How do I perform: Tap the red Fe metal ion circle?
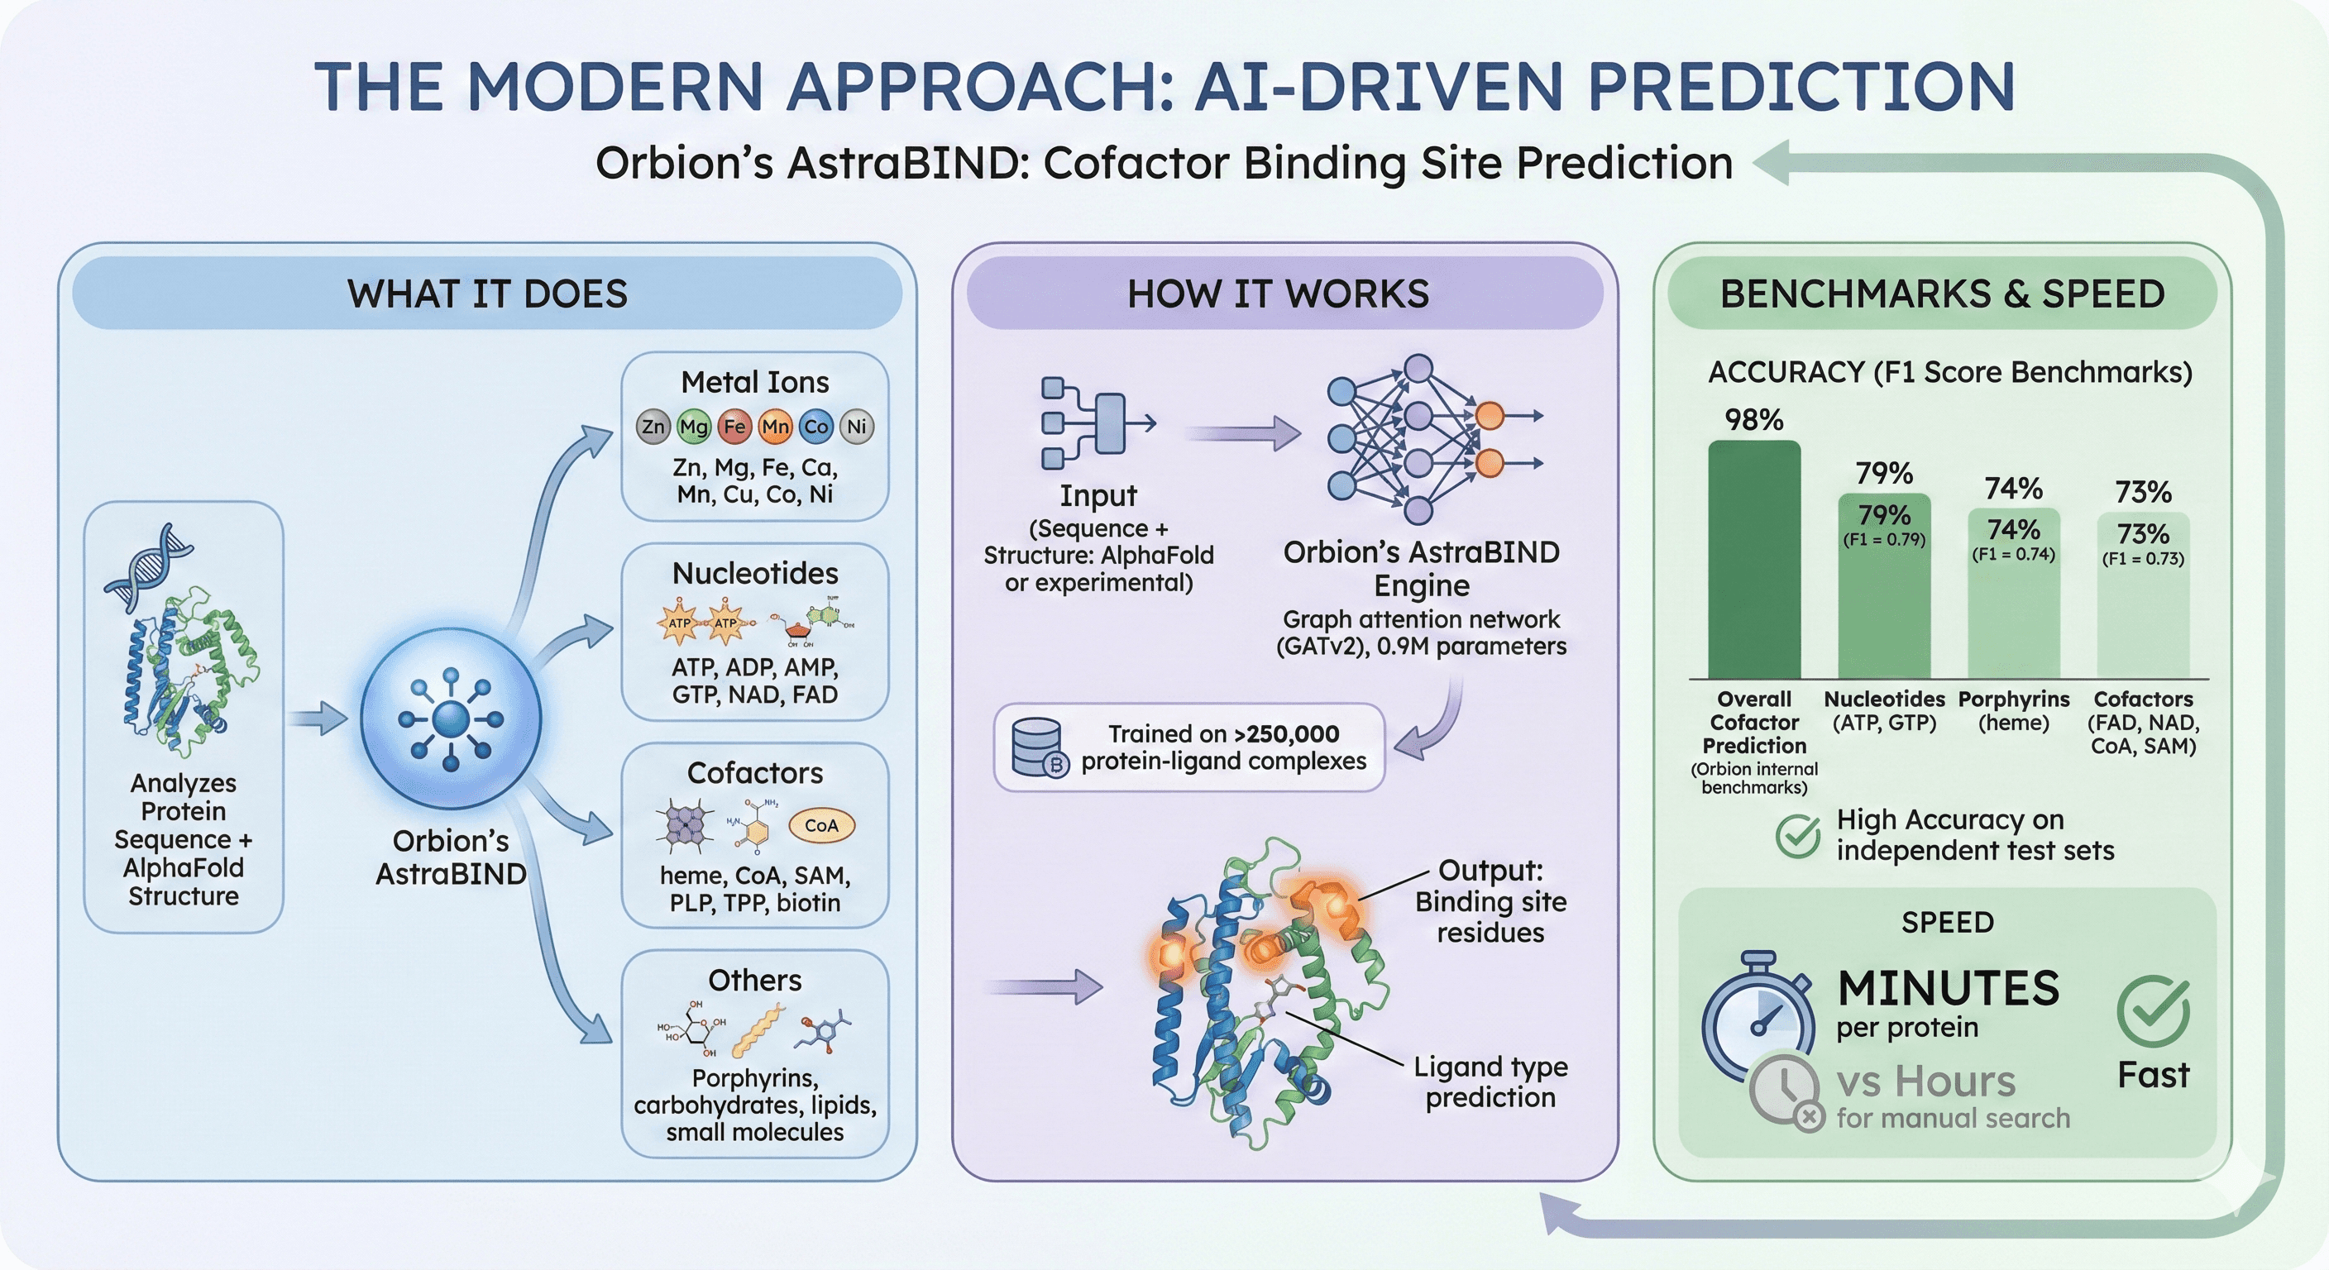pyautogui.click(x=734, y=427)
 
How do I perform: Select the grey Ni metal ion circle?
pyautogui.click(x=856, y=427)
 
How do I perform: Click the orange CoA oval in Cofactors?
pyautogui.click(x=821, y=825)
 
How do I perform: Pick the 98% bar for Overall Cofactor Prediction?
pyautogui.click(x=1754, y=561)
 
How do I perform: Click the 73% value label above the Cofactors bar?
pyautogui.click(x=2143, y=492)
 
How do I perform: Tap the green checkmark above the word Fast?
pyautogui.click(x=2153, y=1010)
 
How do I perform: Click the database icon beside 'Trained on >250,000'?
pyautogui.click(x=1039, y=748)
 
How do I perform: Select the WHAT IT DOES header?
pyautogui.click(x=487, y=294)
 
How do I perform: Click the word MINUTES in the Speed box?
pyautogui.click(x=1949, y=988)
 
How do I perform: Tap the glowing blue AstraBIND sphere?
pyautogui.click(x=450, y=719)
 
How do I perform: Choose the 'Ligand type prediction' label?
pyautogui.click(x=1490, y=1082)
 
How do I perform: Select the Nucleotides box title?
pyautogui.click(x=755, y=573)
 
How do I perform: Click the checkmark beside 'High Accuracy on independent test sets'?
pyautogui.click(x=1797, y=836)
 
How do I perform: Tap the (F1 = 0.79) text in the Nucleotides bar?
pyautogui.click(x=1884, y=540)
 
